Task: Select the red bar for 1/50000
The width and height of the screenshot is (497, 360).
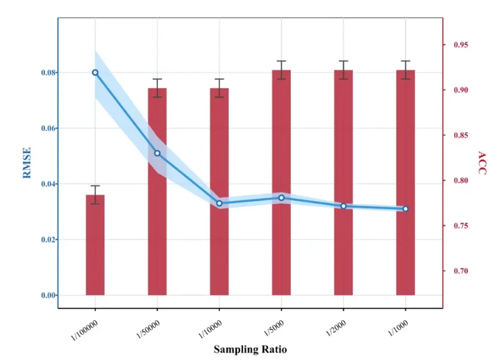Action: (x=157, y=194)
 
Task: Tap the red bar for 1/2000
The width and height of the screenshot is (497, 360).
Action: (x=343, y=184)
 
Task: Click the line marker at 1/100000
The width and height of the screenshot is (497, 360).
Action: (x=95, y=72)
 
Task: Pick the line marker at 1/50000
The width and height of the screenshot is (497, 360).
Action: (x=157, y=153)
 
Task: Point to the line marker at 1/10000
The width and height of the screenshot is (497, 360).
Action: (x=219, y=203)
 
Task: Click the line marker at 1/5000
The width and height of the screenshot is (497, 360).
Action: (x=281, y=197)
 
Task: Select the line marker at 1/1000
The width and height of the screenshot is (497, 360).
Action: (x=405, y=209)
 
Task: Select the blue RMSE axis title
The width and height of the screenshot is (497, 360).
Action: (x=27, y=163)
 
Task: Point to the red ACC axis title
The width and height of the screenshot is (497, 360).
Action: (x=481, y=163)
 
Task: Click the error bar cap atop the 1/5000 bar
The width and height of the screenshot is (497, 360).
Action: (x=281, y=61)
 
